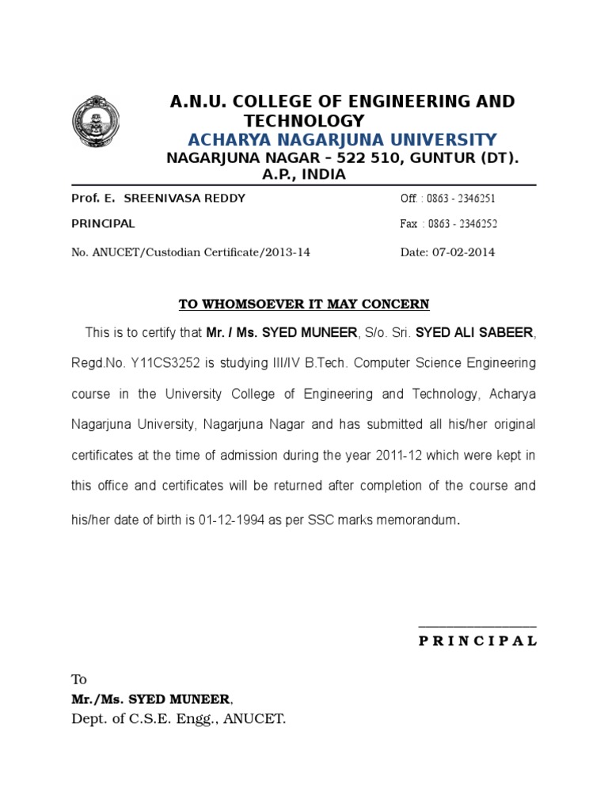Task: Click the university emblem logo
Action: (x=93, y=123)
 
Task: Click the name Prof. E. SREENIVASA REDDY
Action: (x=158, y=198)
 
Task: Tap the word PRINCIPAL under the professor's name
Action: (x=103, y=224)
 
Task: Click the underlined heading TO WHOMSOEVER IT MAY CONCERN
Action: (x=304, y=304)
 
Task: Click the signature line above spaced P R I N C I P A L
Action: (x=477, y=626)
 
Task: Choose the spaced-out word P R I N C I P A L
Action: (x=477, y=641)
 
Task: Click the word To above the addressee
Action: (x=78, y=679)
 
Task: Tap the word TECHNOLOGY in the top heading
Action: (x=304, y=120)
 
